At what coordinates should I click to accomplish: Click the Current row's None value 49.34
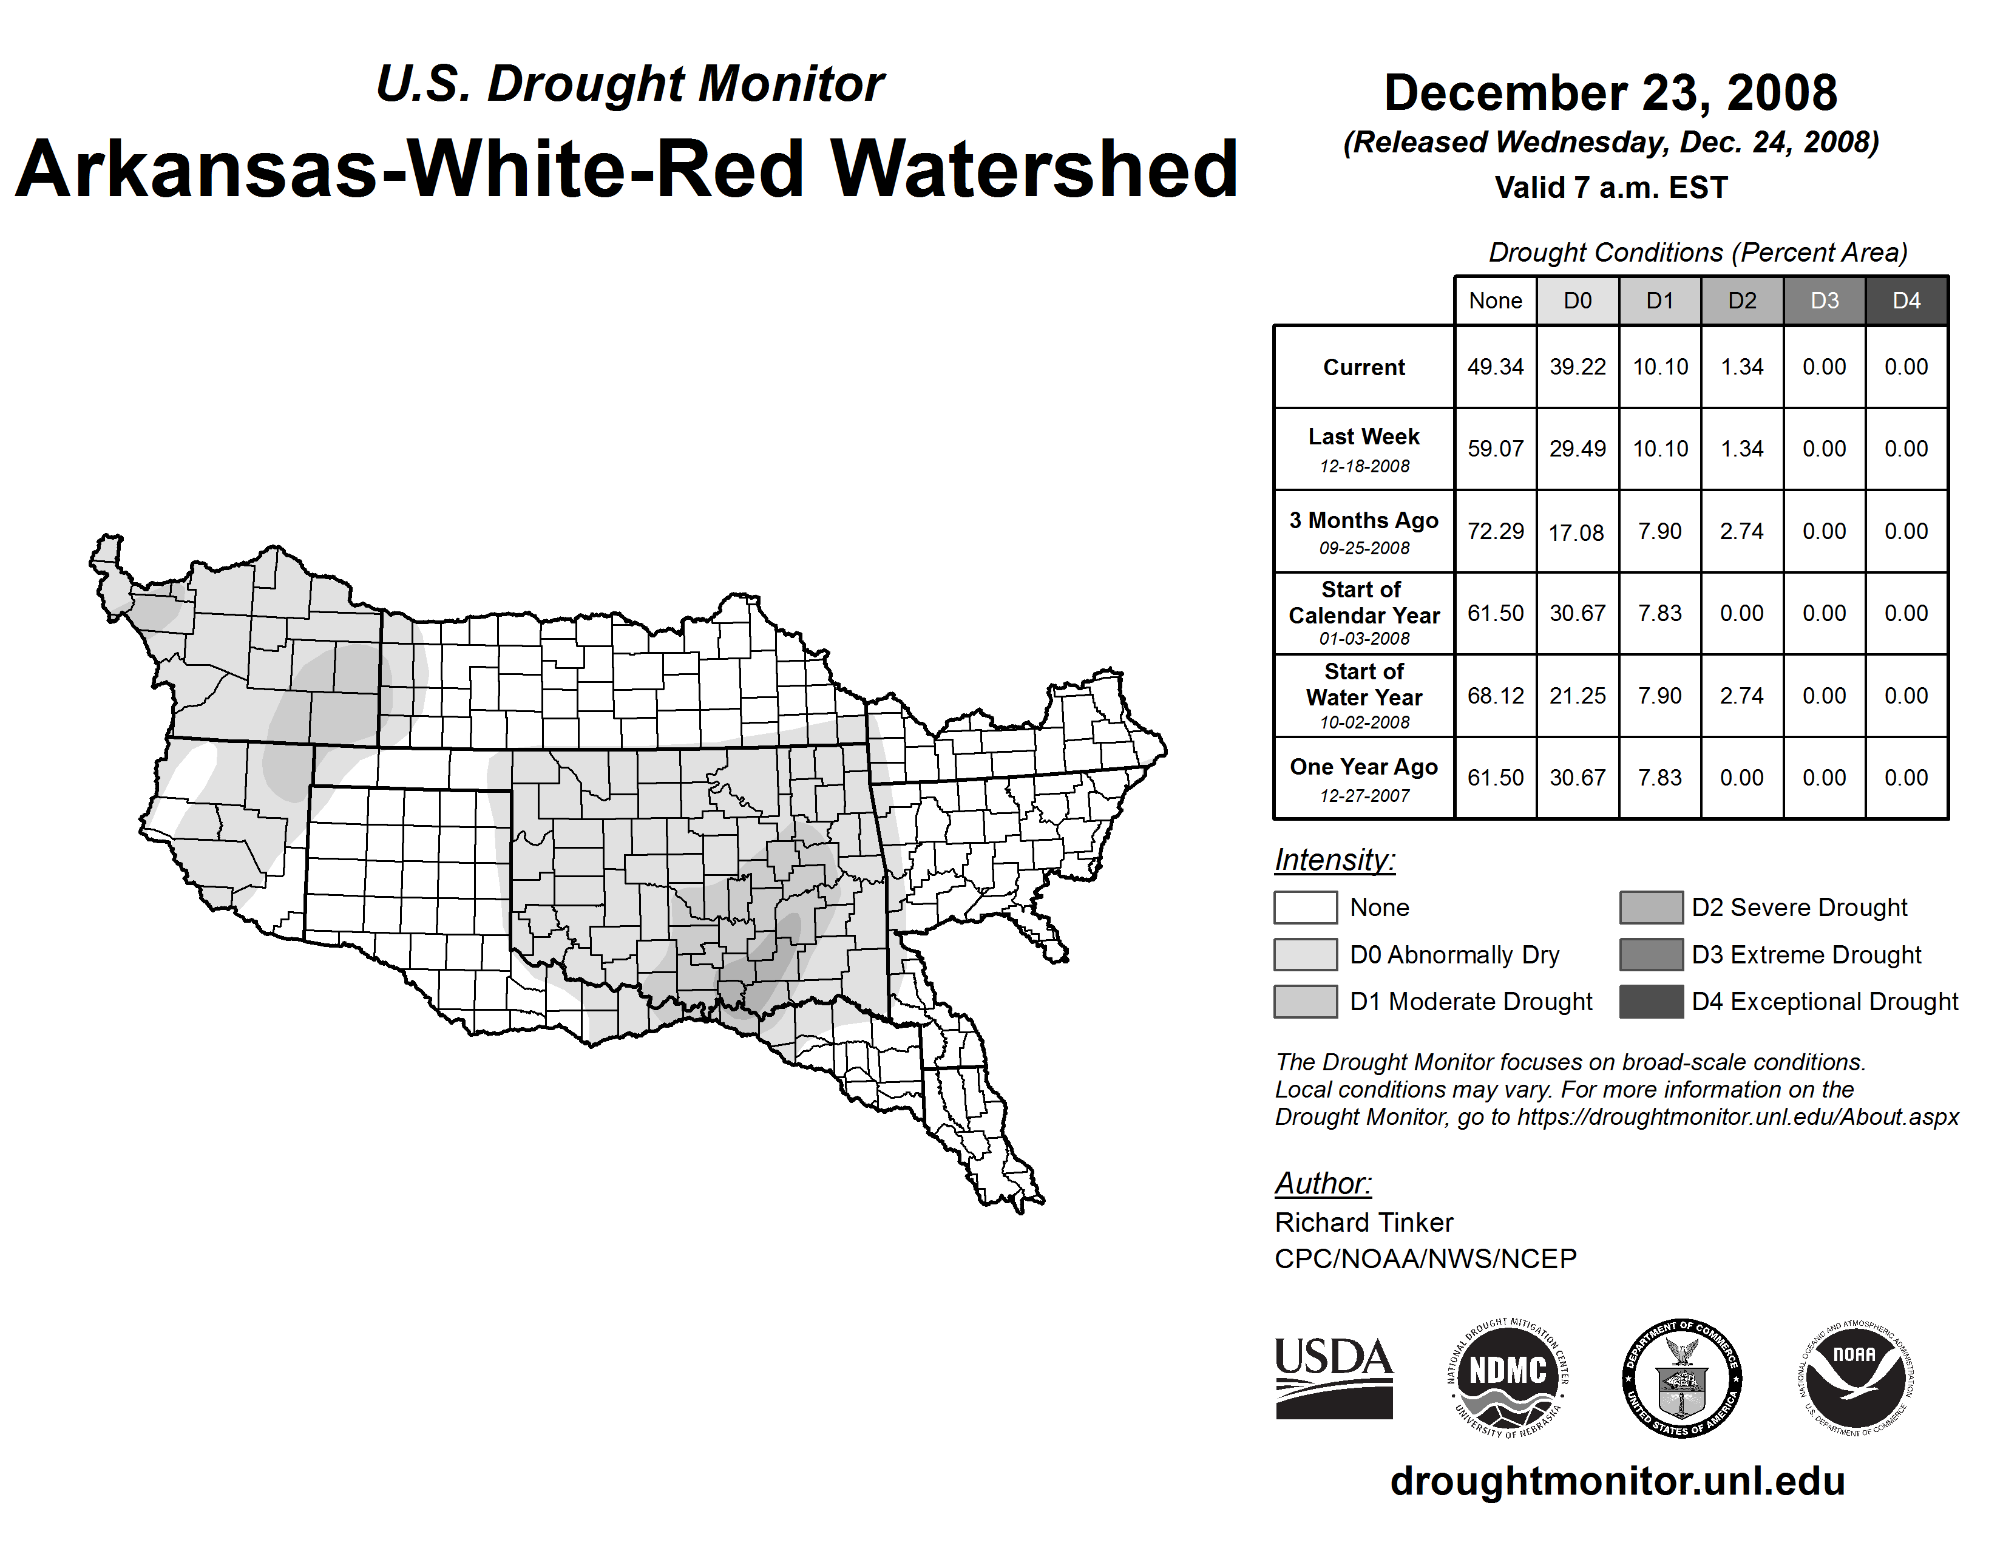[1495, 367]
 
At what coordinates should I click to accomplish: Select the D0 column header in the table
[1578, 300]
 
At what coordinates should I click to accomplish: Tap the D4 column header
[1906, 300]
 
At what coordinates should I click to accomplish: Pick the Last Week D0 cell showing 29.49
[1578, 449]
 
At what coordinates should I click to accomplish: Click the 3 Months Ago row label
[1364, 521]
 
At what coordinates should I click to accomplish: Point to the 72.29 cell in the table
[1495, 531]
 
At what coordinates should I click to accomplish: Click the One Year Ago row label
[1364, 767]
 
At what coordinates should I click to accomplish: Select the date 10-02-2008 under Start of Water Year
[1364, 722]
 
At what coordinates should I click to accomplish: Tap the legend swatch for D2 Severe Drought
[1651, 907]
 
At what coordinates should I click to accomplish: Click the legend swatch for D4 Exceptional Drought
[1651, 1002]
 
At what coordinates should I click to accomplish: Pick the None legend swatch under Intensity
[1305, 907]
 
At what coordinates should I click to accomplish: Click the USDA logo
[1334, 1377]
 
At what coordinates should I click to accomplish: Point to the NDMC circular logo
[1508, 1377]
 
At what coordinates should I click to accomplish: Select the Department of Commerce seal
[1682, 1377]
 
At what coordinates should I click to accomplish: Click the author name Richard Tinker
[1364, 1223]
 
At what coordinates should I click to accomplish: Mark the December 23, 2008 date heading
[1610, 93]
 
